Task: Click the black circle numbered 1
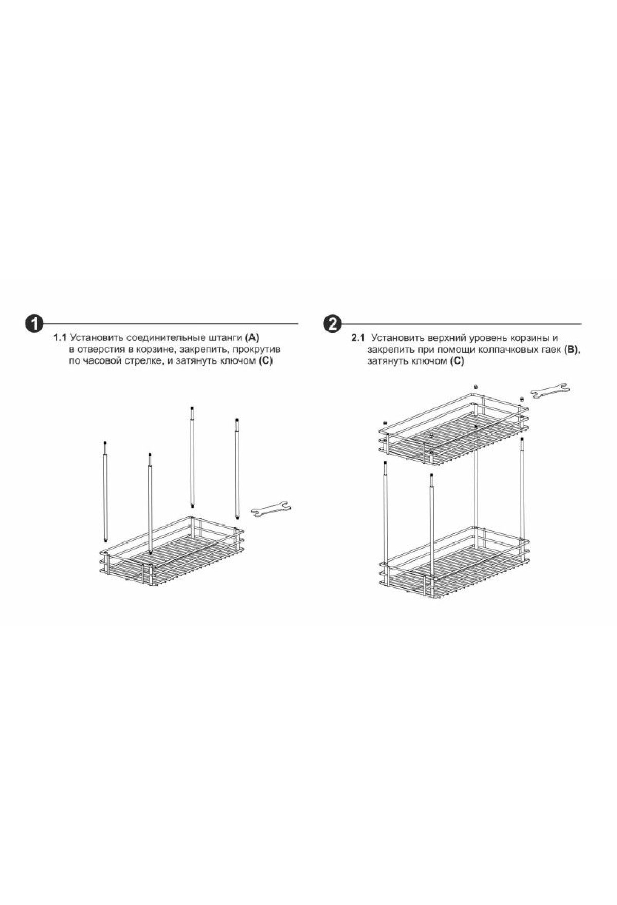tap(34, 324)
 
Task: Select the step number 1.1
tap(60, 338)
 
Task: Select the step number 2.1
tap(358, 338)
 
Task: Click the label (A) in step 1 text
tap(252, 338)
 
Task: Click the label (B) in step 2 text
tap(571, 350)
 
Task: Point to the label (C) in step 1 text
tap(265, 361)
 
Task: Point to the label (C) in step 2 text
tap(457, 361)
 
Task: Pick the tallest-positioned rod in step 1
tap(192, 456)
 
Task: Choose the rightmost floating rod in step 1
tap(238, 468)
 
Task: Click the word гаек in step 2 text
tap(551, 350)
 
